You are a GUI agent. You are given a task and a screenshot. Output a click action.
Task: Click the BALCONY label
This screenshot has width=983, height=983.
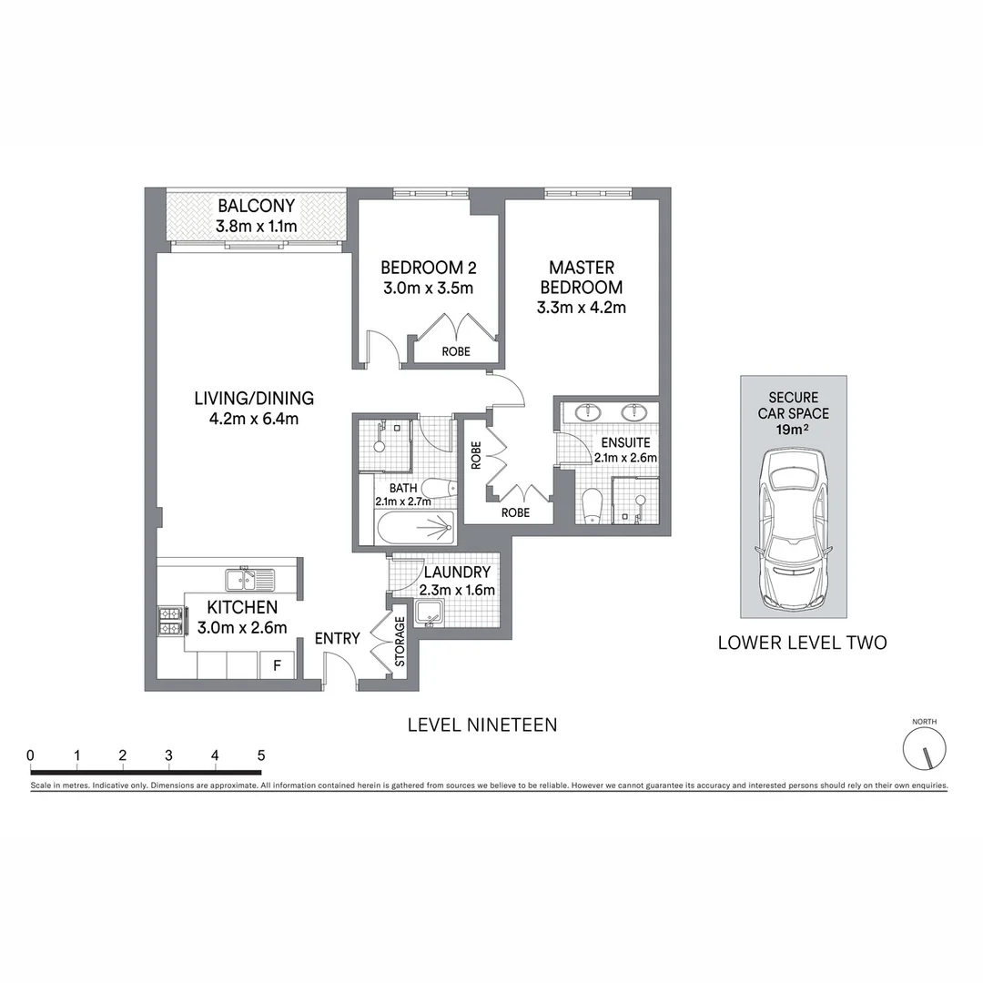256,207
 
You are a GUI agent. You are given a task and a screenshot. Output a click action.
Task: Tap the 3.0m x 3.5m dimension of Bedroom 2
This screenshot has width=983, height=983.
427,289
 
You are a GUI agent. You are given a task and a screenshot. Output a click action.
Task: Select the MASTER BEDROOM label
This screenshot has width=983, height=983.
581,277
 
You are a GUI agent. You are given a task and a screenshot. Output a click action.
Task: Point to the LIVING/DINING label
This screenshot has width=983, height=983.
253,399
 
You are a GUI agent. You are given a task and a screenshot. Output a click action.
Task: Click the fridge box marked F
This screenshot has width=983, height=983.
277,665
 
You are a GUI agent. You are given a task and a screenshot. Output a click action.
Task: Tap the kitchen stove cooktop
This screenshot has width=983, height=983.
171,620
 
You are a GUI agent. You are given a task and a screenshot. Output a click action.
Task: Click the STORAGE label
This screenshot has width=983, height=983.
400,642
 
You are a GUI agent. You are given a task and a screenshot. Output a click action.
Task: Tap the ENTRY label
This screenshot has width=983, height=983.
337,639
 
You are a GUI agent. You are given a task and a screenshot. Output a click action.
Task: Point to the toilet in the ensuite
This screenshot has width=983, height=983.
593,506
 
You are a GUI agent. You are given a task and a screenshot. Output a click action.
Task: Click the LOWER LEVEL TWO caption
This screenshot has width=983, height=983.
802,643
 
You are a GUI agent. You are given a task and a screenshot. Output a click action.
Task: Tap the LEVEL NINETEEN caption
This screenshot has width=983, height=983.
481,725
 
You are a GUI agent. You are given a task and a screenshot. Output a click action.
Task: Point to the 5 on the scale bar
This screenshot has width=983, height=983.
261,755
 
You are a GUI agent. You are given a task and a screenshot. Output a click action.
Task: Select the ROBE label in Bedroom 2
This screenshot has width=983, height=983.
456,351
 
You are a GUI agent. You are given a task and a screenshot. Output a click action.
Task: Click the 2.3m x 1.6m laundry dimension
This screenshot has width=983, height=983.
456,590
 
